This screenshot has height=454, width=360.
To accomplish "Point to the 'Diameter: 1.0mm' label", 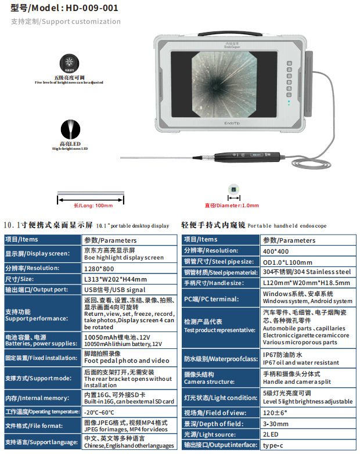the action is [232, 206].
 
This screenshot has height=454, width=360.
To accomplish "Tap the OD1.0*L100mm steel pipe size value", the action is [287, 261].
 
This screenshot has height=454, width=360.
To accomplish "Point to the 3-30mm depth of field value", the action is [276, 423].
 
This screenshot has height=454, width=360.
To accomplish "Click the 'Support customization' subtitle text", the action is [66, 21].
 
